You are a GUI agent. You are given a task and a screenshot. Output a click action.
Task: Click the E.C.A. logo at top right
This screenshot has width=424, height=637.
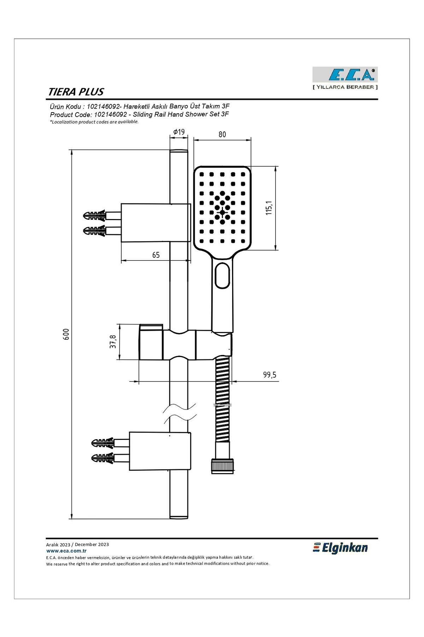pos(345,75)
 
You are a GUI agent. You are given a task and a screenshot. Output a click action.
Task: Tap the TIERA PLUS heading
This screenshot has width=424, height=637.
pos(76,92)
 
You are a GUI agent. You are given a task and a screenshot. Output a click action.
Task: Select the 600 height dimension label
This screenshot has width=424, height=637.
pos(66,334)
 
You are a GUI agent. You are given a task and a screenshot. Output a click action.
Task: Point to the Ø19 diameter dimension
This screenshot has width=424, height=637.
pos(179,132)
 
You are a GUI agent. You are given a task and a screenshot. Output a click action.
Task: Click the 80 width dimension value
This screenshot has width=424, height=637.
pos(222,134)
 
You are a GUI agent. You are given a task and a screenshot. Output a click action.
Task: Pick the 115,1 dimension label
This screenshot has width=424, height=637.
pos(269,208)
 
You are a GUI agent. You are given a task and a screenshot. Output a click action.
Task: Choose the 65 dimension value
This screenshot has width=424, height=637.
pos(156,255)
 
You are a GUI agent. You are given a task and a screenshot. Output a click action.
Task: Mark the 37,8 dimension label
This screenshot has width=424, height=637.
pos(113,342)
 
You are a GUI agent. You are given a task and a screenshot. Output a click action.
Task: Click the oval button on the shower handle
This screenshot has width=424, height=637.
pos(223,275)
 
